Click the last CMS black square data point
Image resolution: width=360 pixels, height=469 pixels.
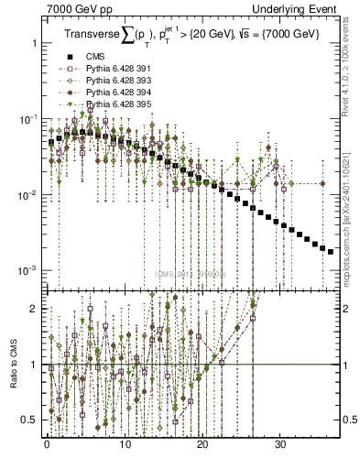(331, 251)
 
